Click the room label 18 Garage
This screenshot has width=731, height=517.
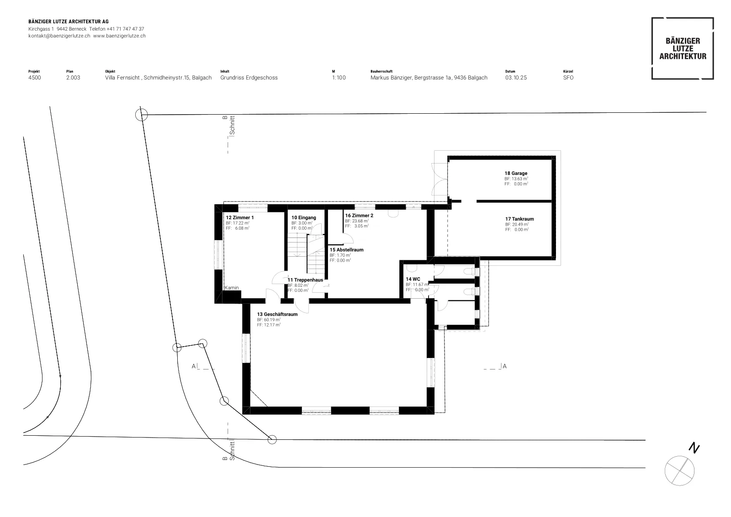tap(516, 173)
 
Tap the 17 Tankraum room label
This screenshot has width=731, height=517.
tap(519, 219)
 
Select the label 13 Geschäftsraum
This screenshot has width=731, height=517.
tap(277, 314)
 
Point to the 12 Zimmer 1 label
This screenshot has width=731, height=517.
tap(239, 217)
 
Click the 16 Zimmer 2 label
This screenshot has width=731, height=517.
tap(359, 215)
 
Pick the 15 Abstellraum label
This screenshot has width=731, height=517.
tap(346, 249)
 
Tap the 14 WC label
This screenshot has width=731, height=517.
tap(413, 279)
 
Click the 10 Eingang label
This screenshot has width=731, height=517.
tap(303, 217)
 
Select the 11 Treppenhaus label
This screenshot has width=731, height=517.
tap(305, 280)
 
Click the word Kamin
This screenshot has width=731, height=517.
tap(232, 288)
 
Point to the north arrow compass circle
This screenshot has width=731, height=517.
tap(679, 471)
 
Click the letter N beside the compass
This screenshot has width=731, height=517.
tap(694, 448)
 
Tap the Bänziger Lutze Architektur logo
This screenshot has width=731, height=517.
tap(683, 48)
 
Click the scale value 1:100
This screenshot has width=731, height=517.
tap(339, 78)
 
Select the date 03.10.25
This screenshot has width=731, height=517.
tap(516, 78)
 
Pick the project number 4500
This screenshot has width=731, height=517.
tap(35, 78)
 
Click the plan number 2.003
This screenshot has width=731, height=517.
tap(73, 78)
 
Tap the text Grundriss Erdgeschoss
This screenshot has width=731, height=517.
tap(249, 78)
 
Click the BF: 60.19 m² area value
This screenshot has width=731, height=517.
tap(269, 320)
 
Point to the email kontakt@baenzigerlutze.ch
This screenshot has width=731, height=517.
tap(59, 36)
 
